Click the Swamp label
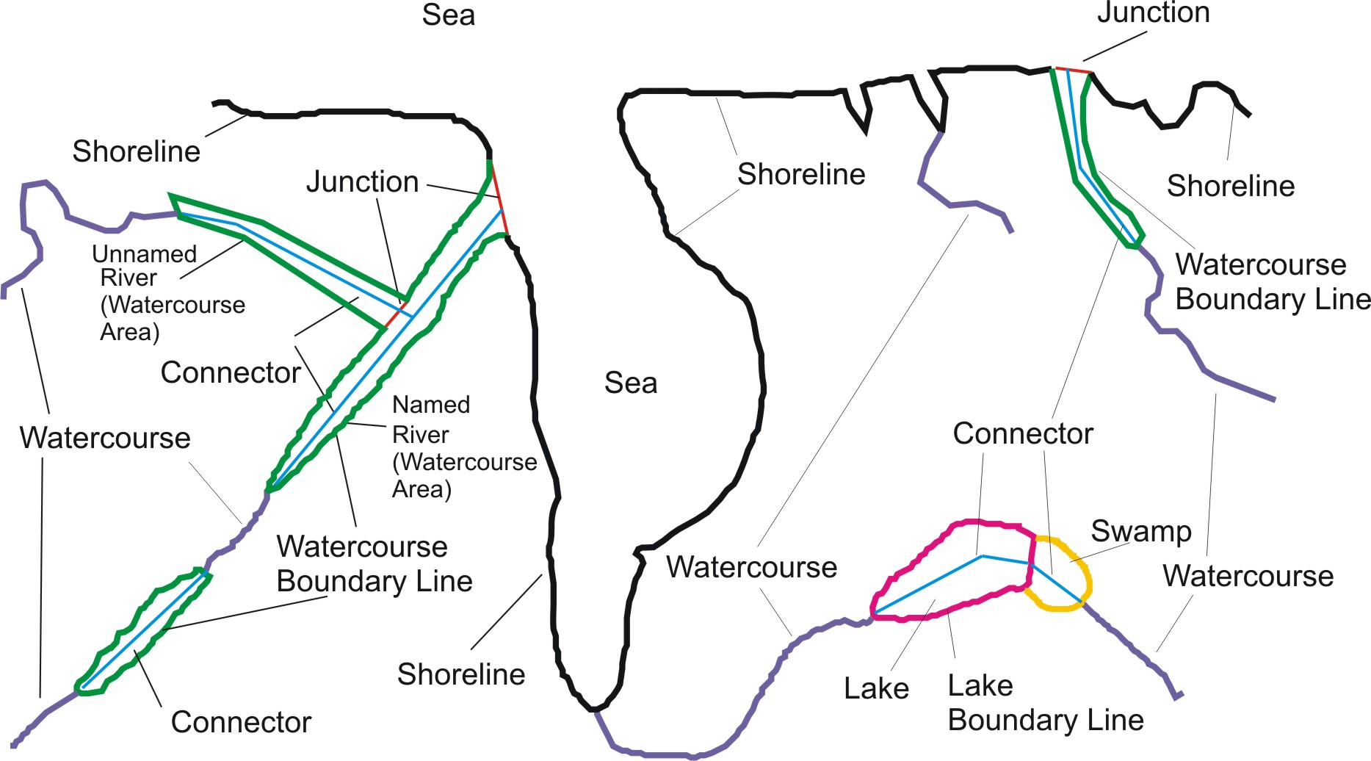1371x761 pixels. coord(1140,532)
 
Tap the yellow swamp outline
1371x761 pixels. coord(1090,580)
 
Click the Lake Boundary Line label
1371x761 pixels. coord(1045,703)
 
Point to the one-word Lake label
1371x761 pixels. coord(876,689)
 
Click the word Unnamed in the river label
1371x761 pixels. coord(145,254)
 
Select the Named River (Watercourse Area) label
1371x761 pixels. coord(464,447)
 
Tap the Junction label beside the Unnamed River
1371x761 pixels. coord(362,182)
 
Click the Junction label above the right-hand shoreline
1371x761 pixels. coord(1153,13)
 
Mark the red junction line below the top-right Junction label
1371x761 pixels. coord(1072,71)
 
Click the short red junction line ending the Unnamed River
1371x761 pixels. coord(395,314)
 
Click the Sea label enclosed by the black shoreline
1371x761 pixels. coord(630,383)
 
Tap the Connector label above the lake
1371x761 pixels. coord(1022,434)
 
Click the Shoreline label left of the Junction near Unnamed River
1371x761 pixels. coord(136,152)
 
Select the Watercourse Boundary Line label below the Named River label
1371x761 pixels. coord(374,564)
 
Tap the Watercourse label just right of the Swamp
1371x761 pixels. coord(1248,577)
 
